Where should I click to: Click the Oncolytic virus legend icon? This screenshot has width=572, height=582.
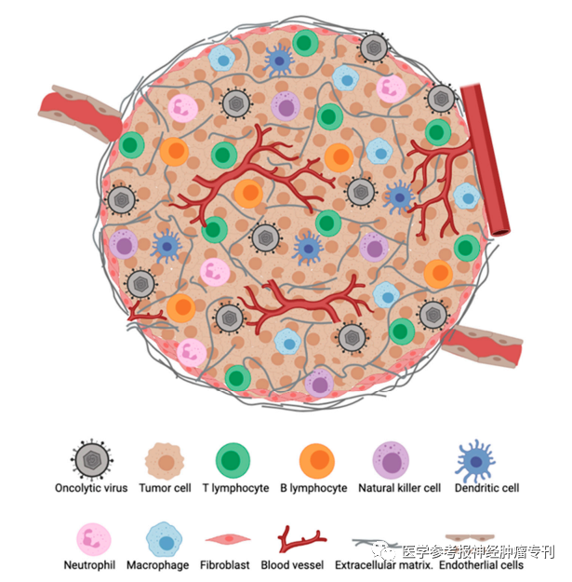[x=92, y=460]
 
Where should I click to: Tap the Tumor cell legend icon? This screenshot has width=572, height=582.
[x=165, y=461]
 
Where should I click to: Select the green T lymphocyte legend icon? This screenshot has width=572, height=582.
[x=233, y=461]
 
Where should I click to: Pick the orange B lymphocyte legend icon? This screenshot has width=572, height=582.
[x=317, y=461]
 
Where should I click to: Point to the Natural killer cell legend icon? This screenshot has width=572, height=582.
[x=391, y=460]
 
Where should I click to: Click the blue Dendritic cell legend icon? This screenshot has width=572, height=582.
[x=475, y=461]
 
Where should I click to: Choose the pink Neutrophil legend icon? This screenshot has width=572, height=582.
[x=94, y=540]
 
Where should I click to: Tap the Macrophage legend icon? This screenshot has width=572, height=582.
[x=165, y=540]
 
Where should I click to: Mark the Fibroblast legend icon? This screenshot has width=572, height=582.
[x=228, y=538]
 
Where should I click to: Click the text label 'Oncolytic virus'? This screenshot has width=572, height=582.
[x=91, y=488]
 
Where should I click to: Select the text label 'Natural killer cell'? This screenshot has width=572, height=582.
[x=400, y=488]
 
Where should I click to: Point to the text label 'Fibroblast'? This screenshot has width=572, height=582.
[x=225, y=565]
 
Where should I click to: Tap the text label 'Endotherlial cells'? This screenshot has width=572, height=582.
[x=481, y=565]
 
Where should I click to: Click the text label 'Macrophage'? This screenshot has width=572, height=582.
[x=158, y=565]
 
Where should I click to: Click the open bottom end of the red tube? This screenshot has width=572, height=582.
[x=500, y=233]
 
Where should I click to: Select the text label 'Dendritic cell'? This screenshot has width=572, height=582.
[x=486, y=488]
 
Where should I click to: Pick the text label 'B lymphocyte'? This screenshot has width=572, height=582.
[x=313, y=488]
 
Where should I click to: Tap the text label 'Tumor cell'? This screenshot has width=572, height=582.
[x=165, y=488]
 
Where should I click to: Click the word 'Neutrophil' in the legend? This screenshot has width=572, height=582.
[x=89, y=565]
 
